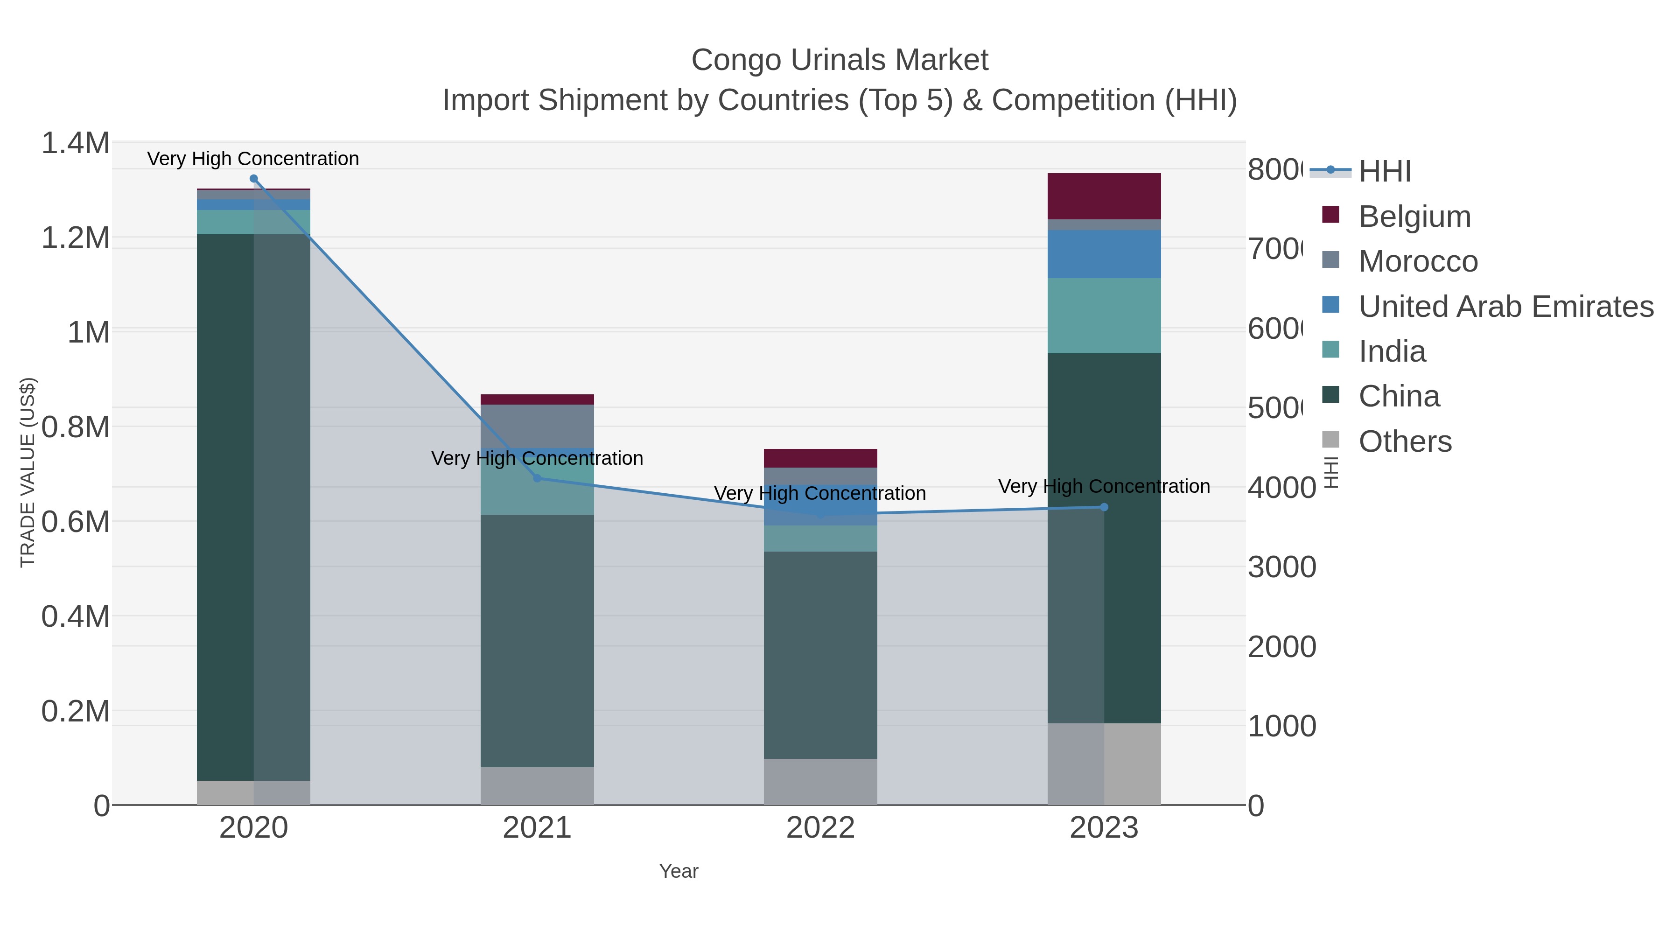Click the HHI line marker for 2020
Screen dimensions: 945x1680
[x=254, y=179]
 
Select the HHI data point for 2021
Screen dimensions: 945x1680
[x=538, y=478]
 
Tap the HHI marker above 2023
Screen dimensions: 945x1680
[x=1104, y=507]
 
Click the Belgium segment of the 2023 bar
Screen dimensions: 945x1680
[x=1104, y=196]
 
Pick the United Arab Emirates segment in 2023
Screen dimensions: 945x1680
[x=1104, y=254]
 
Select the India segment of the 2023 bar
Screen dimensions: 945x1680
[x=1104, y=315]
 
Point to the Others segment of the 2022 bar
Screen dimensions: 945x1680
[x=820, y=781]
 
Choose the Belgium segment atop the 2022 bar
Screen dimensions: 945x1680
[x=820, y=458]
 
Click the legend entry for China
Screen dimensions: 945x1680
[x=1399, y=397]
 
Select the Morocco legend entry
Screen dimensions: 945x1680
[x=1418, y=261]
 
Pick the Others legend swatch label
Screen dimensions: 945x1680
[x=1405, y=441]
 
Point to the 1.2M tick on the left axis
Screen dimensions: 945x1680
[x=75, y=238]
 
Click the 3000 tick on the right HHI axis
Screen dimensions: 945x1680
[x=1281, y=567]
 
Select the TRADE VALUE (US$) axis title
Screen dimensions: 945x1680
[x=28, y=472]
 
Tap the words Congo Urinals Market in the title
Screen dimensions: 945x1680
[x=840, y=60]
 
